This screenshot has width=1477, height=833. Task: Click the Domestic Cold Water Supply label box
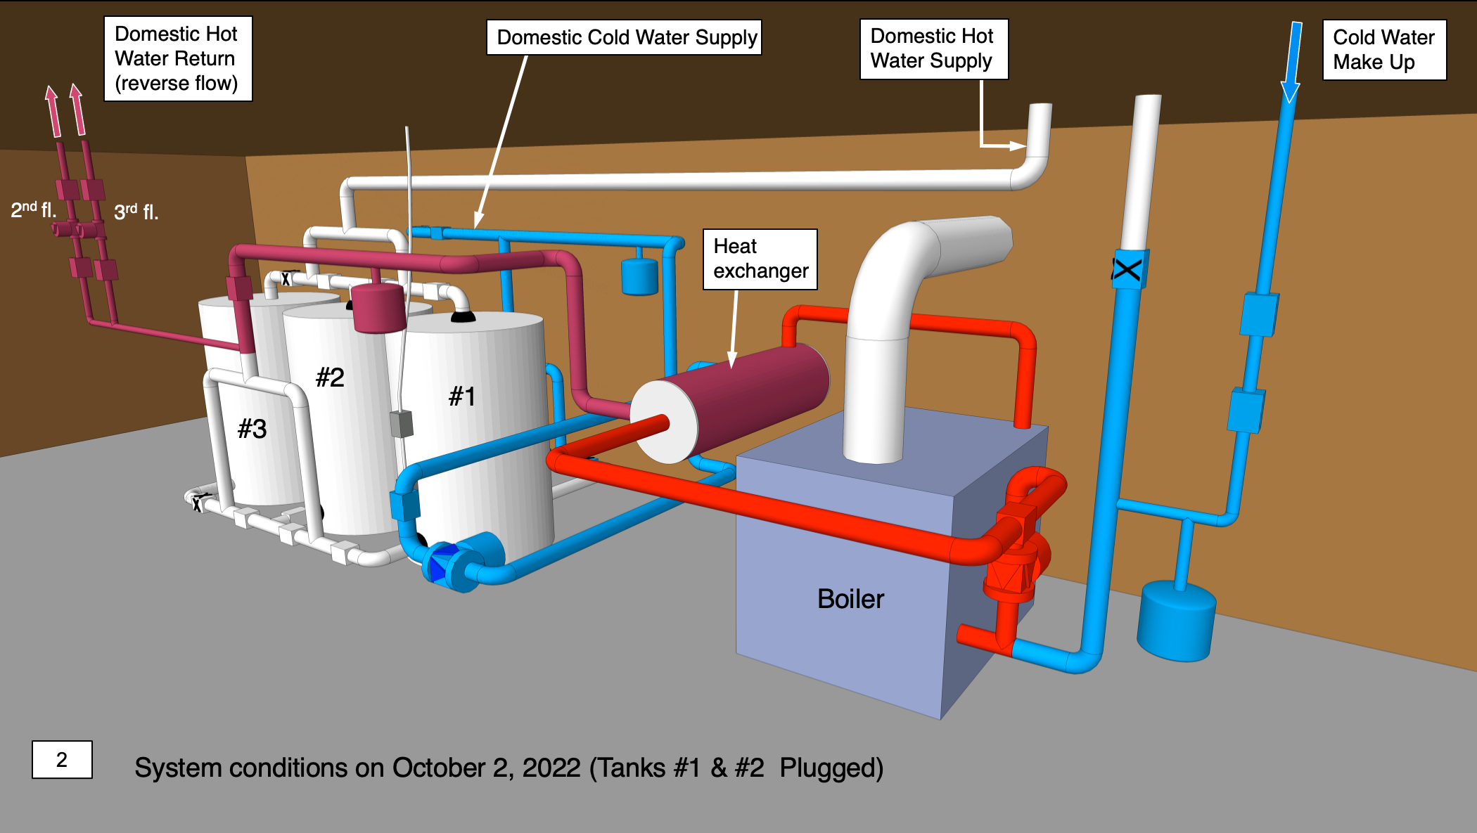pos(624,37)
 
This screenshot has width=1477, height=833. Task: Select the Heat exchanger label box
pos(760,259)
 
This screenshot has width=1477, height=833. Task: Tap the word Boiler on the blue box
pos(850,599)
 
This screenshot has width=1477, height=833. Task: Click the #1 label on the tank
pos(462,396)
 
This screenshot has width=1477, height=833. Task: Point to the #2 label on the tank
pos(330,377)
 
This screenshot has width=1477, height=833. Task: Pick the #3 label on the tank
pos(252,429)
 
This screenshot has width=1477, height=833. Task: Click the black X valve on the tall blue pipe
pos(1127,269)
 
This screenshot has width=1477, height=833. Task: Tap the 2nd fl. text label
pos(33,209)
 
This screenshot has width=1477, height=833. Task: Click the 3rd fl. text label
pos(136,212)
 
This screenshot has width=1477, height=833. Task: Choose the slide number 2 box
pos(62,759)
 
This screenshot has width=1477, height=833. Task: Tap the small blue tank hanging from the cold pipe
pos(639,276)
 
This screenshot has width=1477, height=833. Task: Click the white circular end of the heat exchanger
pos(663,422)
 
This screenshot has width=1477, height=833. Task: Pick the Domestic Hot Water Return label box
pos(177,58)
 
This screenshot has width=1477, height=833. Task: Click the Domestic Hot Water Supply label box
pos(933,49)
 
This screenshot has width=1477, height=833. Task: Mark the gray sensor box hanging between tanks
pos(401,424)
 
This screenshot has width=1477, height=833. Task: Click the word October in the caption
pos(438,768)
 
